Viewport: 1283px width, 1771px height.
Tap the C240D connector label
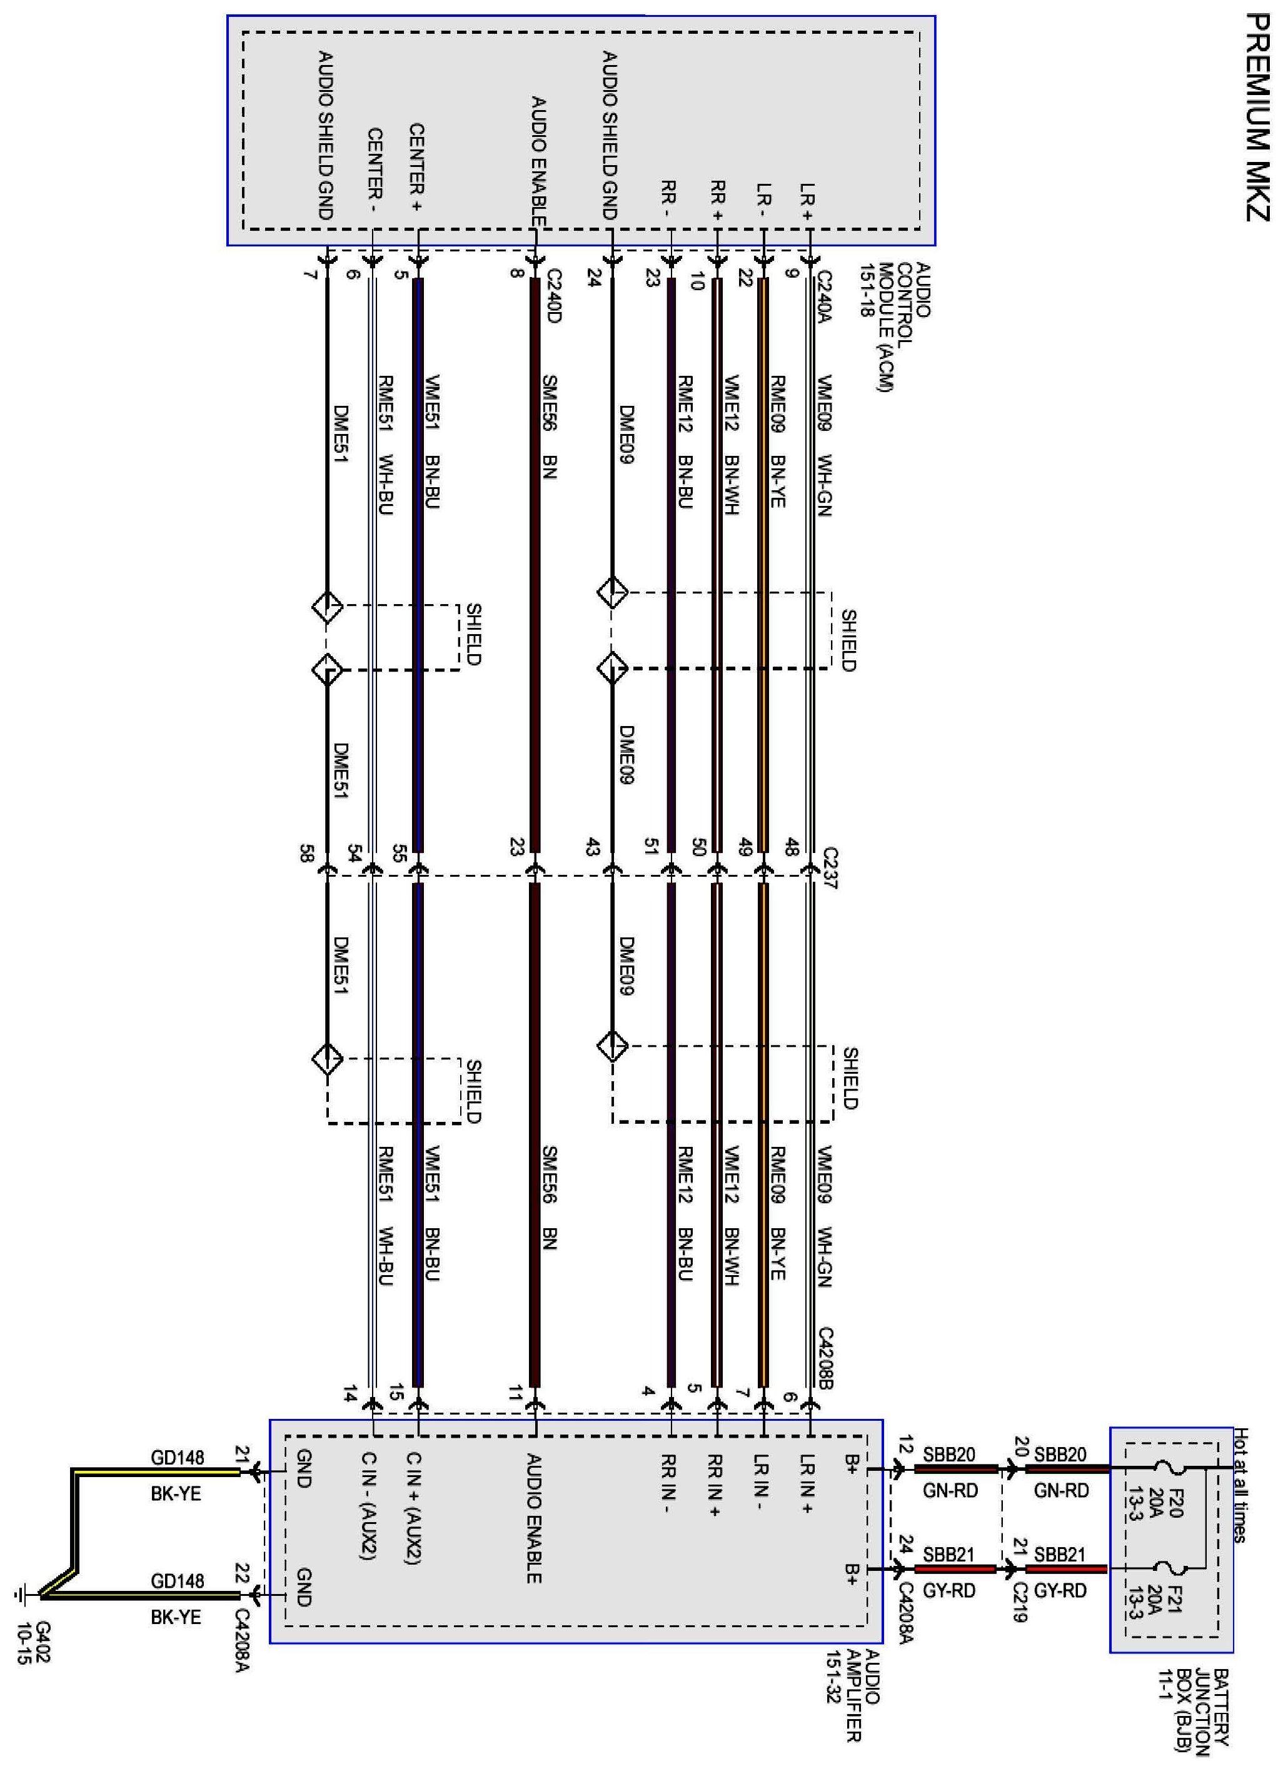(x=553, y=296)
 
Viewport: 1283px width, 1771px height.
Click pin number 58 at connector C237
(x=306, y=853)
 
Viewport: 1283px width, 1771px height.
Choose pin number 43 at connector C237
(x=592, y=847)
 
